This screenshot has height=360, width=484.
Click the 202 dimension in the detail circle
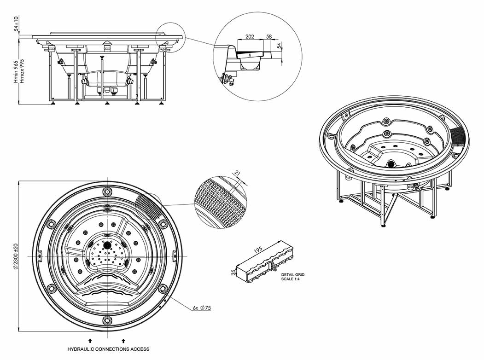[x=249, y=36]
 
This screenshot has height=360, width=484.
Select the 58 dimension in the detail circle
[x=269, y=36]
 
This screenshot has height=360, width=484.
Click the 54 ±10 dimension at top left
[x=17, y=24]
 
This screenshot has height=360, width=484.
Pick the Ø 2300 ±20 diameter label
[x=15, y=255]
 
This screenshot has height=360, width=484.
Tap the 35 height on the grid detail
[x=233, y=273]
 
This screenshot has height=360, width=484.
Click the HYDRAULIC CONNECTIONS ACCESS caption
[x=108, y=349]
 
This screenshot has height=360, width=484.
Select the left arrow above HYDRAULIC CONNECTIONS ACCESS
[x=90, y=340]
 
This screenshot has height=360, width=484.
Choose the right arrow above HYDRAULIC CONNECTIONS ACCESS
[x=123, y=340]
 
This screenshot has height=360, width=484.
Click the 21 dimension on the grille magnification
[x=238, y=173]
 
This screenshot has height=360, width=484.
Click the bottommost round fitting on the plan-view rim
[x=107, y=320]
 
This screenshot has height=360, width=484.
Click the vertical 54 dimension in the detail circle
[x=279, y=46]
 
